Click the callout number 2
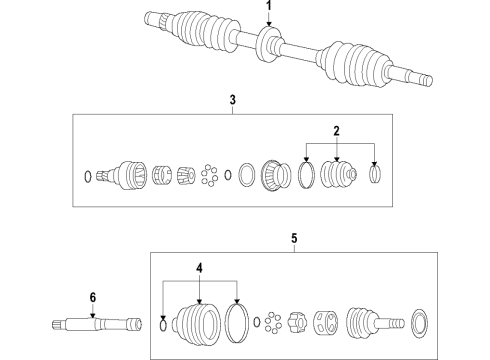tap(336, 131)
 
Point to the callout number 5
tap(294, 239)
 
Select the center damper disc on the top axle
tap(268, 45)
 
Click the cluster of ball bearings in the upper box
tap(209, 176)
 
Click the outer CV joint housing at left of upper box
tap(128, 176)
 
